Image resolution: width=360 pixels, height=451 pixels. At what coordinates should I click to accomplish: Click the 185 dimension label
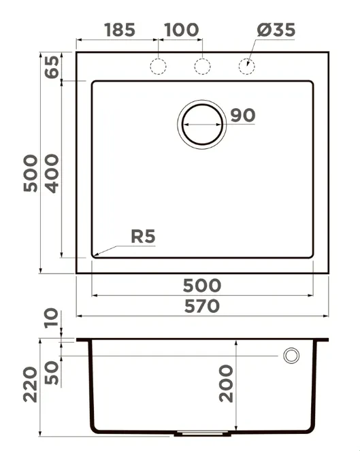point(119,30)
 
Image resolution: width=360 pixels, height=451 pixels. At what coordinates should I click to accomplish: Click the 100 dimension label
point(181,30)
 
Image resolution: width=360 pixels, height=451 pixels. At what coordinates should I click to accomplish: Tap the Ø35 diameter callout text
point(276,30)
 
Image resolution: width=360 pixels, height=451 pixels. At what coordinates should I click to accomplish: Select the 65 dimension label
point(52,67)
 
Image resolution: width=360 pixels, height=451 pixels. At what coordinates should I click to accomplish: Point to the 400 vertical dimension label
point(52,173)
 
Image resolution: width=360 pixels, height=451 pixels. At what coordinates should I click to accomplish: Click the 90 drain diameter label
point(243,116)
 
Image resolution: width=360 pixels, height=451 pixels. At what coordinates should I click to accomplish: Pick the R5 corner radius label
point(143,237)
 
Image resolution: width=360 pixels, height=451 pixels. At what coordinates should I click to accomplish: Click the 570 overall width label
point(202,306)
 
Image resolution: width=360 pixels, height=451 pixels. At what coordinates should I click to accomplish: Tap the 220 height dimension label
point(30,384)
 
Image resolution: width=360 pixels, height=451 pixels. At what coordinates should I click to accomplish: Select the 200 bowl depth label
point(226,384)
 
